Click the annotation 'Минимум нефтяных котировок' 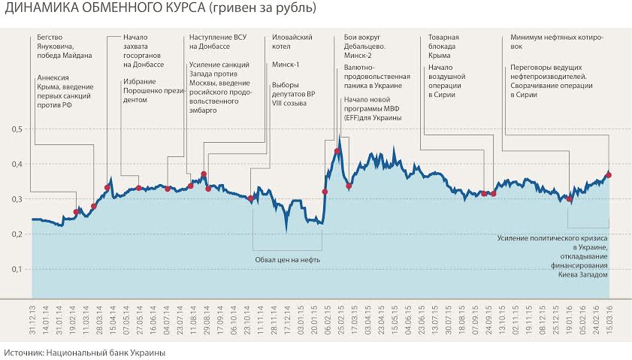point(557,41)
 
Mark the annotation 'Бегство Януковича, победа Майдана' point(64,47)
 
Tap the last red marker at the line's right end point(609,175)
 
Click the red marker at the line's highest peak point(337,151)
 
